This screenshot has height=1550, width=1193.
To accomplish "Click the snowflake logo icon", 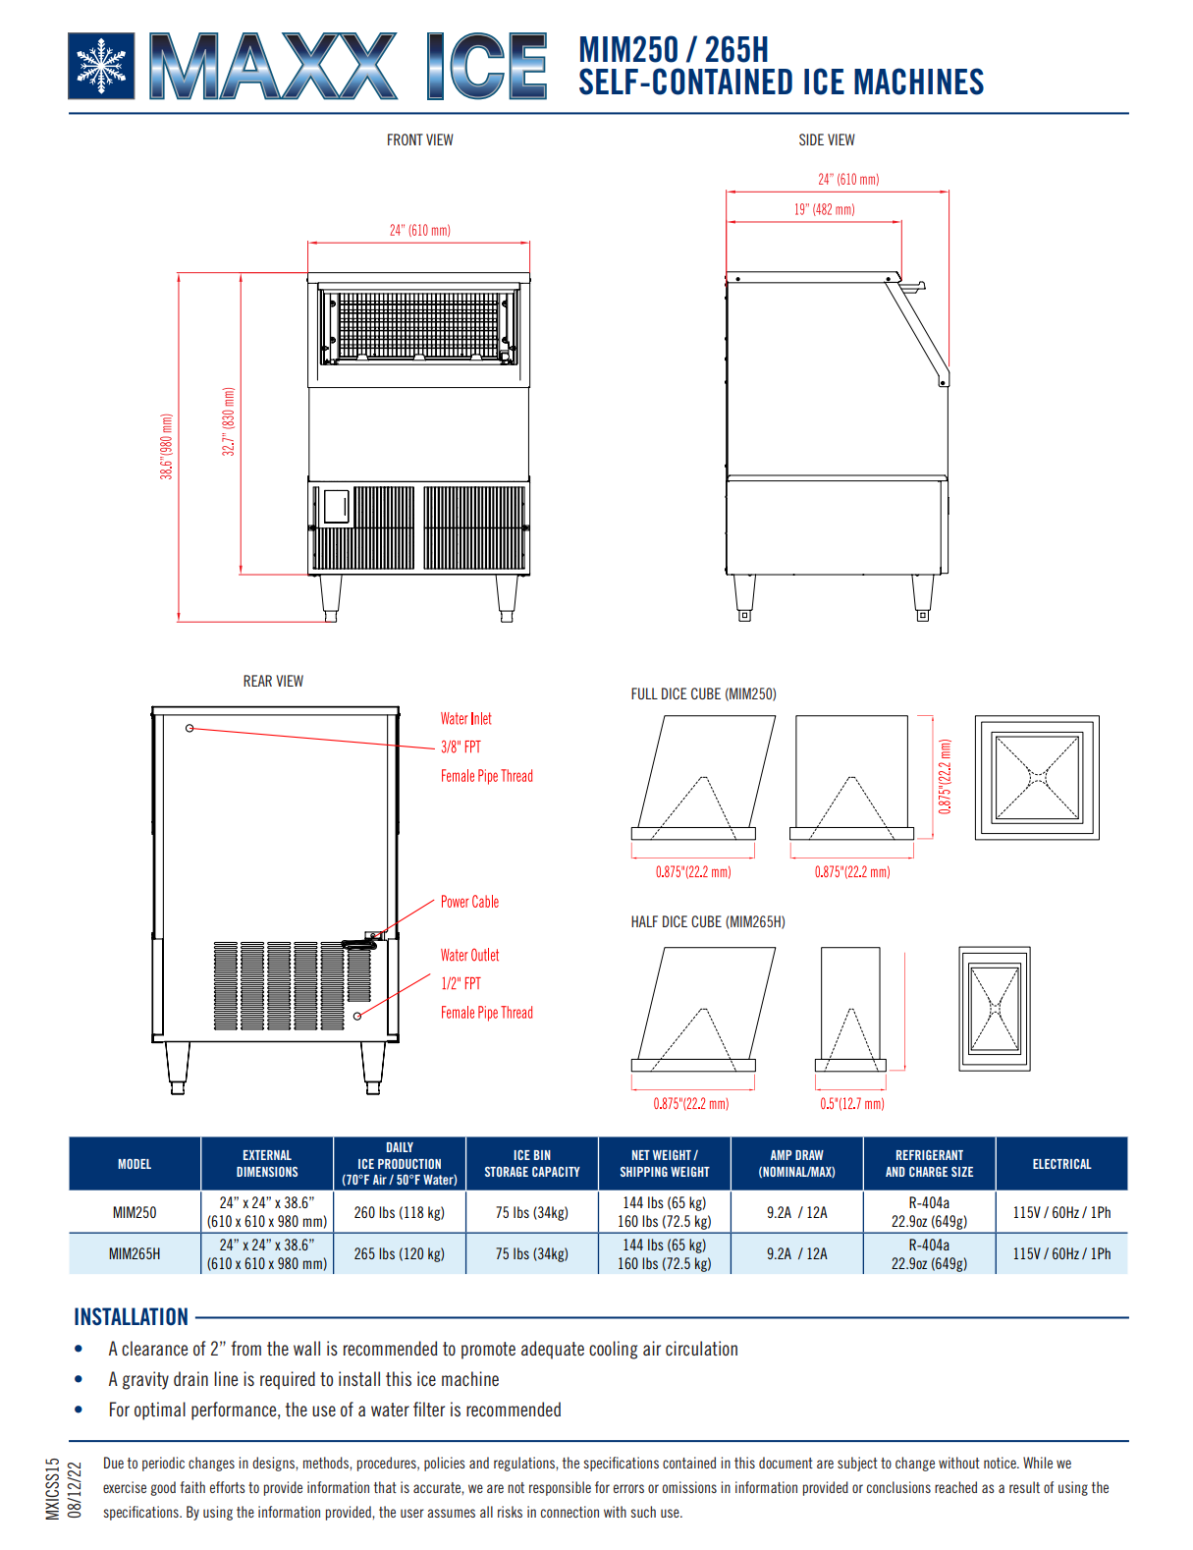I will [x=101, y=67].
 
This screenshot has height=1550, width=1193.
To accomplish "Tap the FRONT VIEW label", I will [x=419, y=140].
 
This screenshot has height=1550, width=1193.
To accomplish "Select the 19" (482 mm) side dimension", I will [x=824, y=209].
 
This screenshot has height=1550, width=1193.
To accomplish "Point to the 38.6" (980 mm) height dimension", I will [x=167, y=447].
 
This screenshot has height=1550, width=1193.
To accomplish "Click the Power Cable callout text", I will [x=469, y=902].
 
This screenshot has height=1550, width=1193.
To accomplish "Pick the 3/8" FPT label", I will [x=461, y=747].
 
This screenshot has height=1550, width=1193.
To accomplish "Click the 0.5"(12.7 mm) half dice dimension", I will [x=851, y=1104].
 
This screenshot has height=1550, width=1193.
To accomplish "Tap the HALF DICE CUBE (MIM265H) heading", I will [x=707, y=922].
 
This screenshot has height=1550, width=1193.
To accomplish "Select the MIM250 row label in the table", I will [x=135, y=1212].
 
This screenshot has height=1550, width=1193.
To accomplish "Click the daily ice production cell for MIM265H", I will [x=399, y=1254].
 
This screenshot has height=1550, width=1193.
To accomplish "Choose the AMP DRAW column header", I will [x=796, y=1164].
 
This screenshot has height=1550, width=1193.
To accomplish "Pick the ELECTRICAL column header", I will [x=1061, y=1164].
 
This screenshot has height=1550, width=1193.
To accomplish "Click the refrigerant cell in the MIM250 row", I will [x=929, y=1212].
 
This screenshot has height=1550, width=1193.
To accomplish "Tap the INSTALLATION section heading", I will [x=131, y=1317].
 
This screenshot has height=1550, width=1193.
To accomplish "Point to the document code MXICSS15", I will [x=53, y=1488].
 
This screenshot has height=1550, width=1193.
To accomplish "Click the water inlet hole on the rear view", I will [x=190, y=728].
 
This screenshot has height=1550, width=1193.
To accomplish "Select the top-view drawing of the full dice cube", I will [x=1037, y=777].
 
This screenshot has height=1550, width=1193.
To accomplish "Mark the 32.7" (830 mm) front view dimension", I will [x=229, y=421].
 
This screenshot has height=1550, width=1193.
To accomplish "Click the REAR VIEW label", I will [x=273, y=682].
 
